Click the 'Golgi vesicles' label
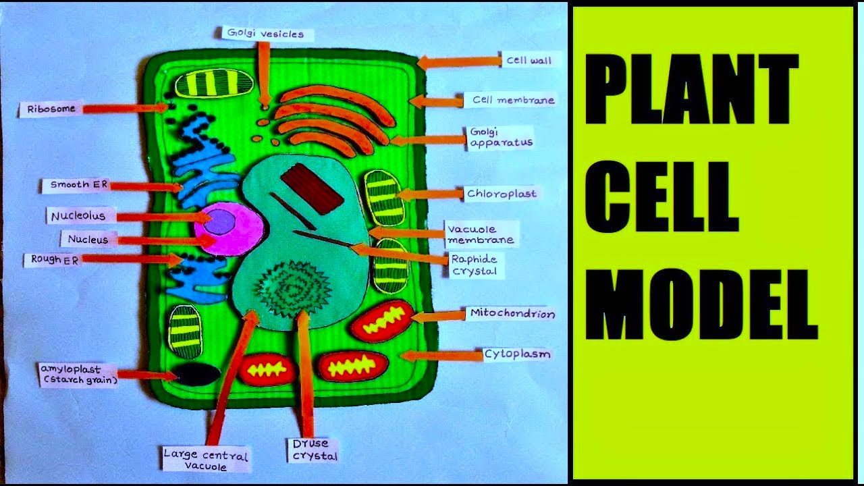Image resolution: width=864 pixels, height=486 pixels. click(x=265, y=34)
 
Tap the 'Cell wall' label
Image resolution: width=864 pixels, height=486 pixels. click(x=529, y=61)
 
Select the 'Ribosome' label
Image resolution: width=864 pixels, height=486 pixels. click(x=51, y=108)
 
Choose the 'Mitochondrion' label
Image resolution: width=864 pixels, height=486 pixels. click(x=512, y=314)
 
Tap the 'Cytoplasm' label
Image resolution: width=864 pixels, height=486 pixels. click(x=517, y=354)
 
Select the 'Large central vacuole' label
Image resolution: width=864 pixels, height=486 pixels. click(x=206, y=459)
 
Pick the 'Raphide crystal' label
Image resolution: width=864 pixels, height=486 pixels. click(x=474, y=265)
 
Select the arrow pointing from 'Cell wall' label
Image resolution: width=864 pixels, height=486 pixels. click(x=456, y=62)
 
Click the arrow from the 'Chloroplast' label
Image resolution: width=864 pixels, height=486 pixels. click(x=429, y=194)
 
